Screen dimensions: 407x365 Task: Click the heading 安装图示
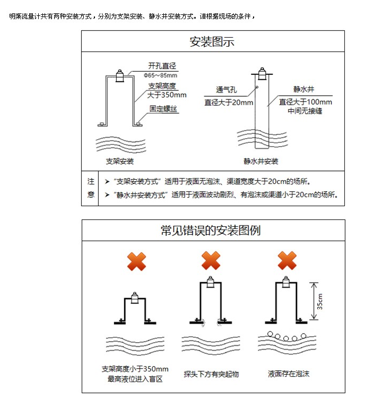pyautogui.click(x=212, y=41)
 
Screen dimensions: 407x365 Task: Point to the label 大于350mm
pyautogui.click(x=167, y=95)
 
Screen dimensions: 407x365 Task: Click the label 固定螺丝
pyautogui.click(x=163, y=109)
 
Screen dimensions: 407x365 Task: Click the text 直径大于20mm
pyautogui.click(x=229, y=102)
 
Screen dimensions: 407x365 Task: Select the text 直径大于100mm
pyautogui.click(x=306, y=102)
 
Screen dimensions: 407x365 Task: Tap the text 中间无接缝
pyautogui.click(x=305, y=111)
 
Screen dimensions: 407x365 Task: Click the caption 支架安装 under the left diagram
pyautogui.click(x=120, y=161)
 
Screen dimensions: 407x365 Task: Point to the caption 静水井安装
pyautogui.click(x=261, y=161)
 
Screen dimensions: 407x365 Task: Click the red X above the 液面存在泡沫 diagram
pyautogui.click(x=287, y=261)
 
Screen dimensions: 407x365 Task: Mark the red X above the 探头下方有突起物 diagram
pyautogui.click(x=211, y=261)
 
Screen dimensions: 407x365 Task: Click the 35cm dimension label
pyautogui.click(x=320, y=301)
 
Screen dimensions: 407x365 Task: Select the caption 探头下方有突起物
pyautogui.click(x=211, y=374)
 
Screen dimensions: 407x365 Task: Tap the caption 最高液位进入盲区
pyautogui.click(x=135, y=379)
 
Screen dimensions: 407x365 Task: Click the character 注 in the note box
pyautogui.click(x=90, y=181)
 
